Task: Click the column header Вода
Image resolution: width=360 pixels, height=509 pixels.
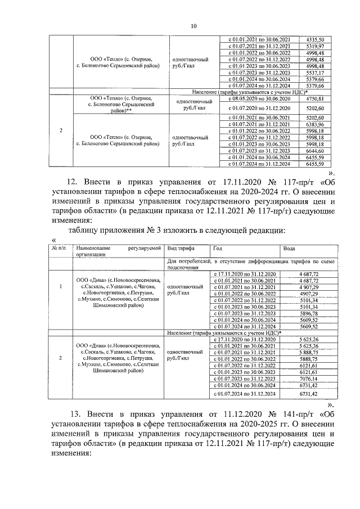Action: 289,247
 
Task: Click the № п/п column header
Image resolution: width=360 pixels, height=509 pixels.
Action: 58,247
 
